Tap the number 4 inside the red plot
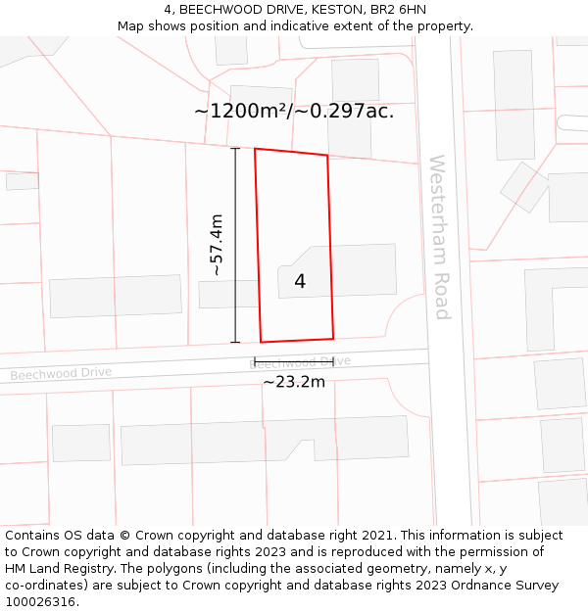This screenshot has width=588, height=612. coord(300,282)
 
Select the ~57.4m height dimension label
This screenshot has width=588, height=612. coord(217,245)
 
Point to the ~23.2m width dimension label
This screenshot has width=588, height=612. coord(293,382)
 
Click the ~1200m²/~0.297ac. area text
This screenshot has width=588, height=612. coord(294,111)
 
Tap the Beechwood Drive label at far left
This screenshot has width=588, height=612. coord(61,373)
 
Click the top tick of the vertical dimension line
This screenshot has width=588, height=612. coord(235,149)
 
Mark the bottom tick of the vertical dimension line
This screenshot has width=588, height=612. coord(235,343)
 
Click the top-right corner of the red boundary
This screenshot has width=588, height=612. coord(327,156)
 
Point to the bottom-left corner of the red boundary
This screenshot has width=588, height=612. coord(261,342)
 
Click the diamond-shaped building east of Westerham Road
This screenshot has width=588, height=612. coord(524,187)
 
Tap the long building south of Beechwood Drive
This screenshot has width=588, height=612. coord(265,440)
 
